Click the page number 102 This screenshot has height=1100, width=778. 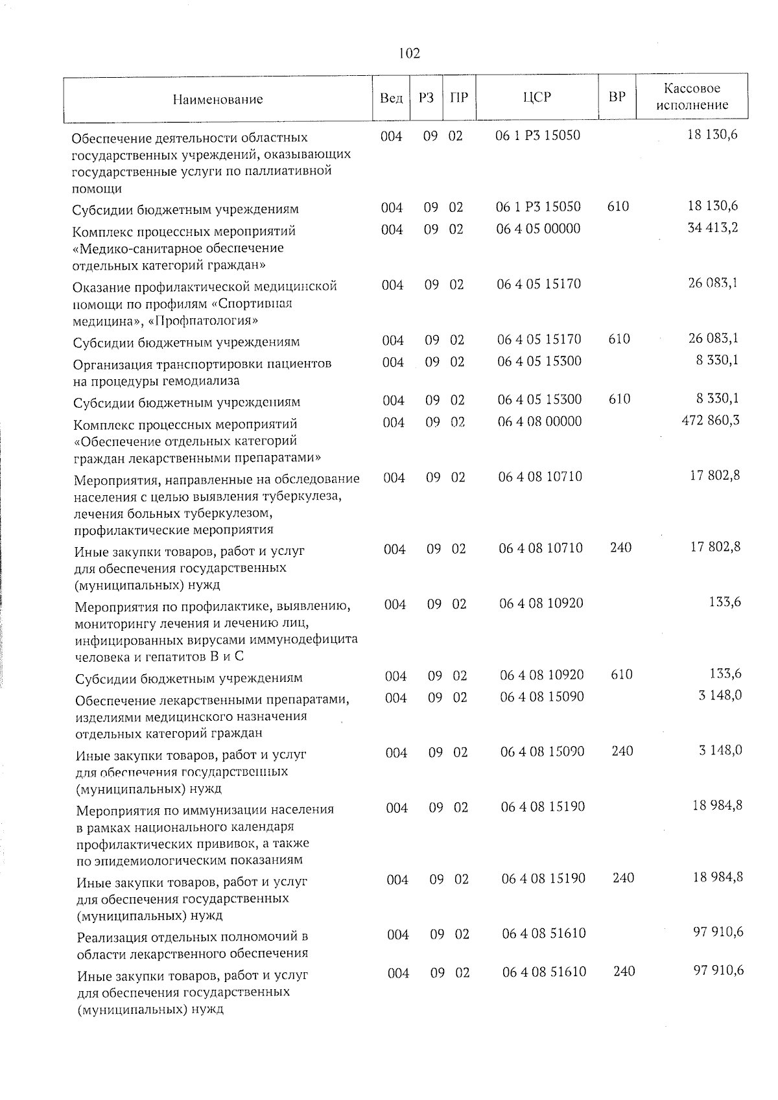point(409,53)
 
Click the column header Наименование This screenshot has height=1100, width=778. point(218,99)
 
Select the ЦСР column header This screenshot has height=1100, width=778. point(536,98)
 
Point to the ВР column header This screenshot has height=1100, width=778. point(617,97)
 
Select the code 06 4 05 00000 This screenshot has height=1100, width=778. point(539,229)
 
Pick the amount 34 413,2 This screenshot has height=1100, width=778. point(713,228)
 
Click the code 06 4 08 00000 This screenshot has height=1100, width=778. point(540,421)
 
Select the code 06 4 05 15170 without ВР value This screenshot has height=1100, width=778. point(539,284)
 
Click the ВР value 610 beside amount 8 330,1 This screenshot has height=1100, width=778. point(620,399)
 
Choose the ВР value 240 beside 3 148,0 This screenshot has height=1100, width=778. point(622,751)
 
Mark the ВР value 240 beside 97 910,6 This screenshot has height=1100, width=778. point(624,971)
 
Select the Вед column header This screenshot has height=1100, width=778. point(391,98)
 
